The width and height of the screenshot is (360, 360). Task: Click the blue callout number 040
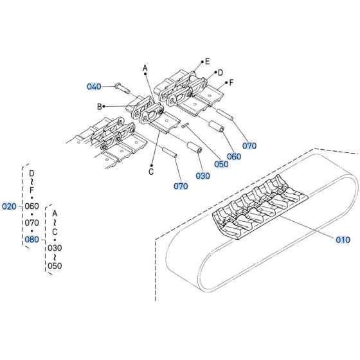click(x=94, y=86)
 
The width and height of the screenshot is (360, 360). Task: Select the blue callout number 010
click(x=343, y=239)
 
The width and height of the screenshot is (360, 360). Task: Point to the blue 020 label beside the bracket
click(x=10, y=206)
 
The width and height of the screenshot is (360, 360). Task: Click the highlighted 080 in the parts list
click(x=32, y=239)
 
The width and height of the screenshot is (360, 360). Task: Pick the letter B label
click(x=100, y=106)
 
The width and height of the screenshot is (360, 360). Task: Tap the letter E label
click(x=206, y=62)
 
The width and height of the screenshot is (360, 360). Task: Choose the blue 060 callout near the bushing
click(x=234, y=156)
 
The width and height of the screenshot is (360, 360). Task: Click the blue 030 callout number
click(x=203, y=175)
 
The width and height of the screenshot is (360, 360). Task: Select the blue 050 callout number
click(x=221, y=163)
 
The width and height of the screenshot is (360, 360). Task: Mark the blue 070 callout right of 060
click(x=250, y=146)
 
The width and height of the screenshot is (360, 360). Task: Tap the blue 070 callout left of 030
click(x=181, y=186)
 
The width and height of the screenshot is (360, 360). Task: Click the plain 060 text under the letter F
click(x=32, y=206)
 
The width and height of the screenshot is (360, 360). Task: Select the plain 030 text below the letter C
click(x=55, y=248)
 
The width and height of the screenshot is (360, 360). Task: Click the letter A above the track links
click(x=145, y=68)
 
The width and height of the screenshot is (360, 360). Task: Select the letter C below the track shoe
click(x=150, y=171)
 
